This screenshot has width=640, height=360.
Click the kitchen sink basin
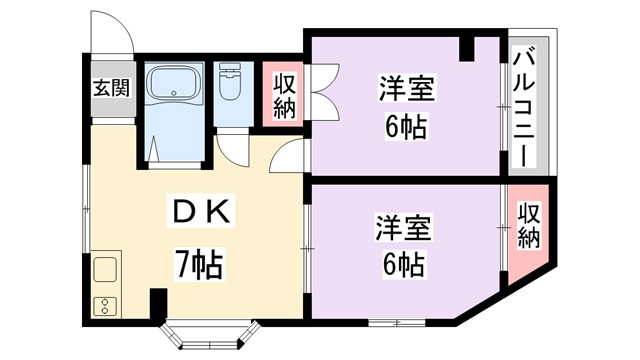click(x=106, y=270)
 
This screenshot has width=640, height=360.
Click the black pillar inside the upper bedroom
click(x=467, y=46)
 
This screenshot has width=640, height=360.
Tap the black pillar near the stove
click(x=157, y=300)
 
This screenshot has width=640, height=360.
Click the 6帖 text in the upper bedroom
click(x=405, y=128)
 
